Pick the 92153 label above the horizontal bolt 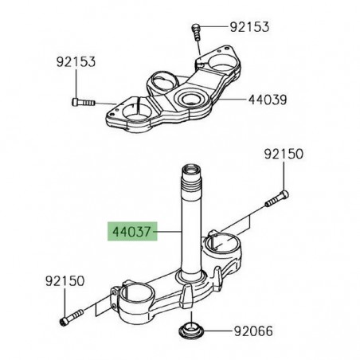tap(77, 60)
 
